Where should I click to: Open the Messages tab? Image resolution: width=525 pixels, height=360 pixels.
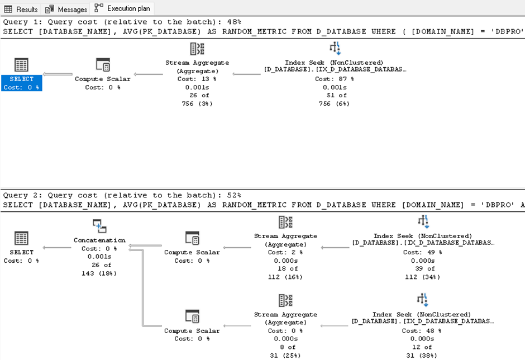[66, 9]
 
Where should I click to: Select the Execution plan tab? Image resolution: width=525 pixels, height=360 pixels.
[122, 8]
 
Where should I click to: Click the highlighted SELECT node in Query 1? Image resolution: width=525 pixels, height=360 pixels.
[21, 83]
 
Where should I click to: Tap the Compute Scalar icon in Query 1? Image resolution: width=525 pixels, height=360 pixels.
[103, 65]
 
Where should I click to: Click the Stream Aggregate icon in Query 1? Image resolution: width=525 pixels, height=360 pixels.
[197, 49]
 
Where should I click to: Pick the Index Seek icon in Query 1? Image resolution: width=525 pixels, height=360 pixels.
[335, 48]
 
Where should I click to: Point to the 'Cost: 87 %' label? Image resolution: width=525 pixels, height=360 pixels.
[335, 79]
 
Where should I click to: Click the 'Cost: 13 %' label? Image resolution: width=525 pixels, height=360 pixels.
[197, 79]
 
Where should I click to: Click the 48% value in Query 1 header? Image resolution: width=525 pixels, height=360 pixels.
[234, 22]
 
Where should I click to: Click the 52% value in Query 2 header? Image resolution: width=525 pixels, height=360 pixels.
[234, 195]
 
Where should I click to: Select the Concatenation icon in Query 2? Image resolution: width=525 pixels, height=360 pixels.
[99, 226]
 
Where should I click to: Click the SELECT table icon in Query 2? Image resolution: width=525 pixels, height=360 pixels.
[21, 238]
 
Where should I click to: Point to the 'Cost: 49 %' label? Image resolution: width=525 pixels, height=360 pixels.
[423, 252]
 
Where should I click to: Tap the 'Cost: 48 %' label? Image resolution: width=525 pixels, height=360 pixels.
[422, 330]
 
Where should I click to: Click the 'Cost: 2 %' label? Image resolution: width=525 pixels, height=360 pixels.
[285, 252]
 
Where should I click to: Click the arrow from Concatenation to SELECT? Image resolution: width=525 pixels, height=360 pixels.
[57, 248]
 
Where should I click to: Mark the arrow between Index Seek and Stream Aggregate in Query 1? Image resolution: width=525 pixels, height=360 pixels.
[246, 74]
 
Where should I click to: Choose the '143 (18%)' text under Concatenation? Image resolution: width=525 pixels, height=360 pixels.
[99, 273]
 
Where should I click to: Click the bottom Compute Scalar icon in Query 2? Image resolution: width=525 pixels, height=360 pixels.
[192, 316]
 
